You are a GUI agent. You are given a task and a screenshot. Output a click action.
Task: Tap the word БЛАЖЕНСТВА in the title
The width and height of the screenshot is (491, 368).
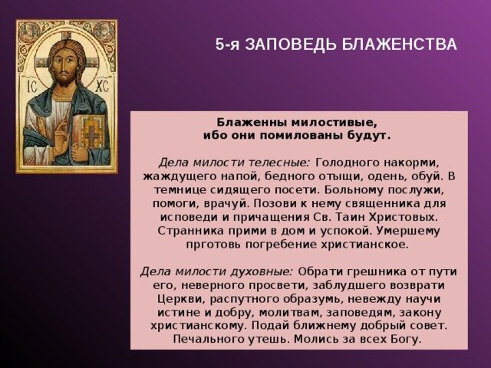pyautogui.click(x=399, y=44)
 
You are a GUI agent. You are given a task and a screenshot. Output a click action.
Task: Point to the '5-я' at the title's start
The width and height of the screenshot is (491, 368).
pyautogui.click(x=227, y=44)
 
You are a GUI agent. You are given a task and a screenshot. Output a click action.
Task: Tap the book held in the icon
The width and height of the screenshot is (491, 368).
pyautogui.click(x=91, y=132)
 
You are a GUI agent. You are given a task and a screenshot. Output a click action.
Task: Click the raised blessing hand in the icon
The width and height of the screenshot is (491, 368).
pyautogui.click(x=61, y=138)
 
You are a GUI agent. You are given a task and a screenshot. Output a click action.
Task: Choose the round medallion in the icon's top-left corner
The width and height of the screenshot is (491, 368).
pyautogui.click(x=30, y=31)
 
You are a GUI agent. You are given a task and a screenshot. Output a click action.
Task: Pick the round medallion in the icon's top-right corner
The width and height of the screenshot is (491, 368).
pyautogui.click(x=104, y=31)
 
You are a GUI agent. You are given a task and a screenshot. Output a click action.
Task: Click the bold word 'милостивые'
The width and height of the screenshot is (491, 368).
pyautogui.click(x=334, y=123)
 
